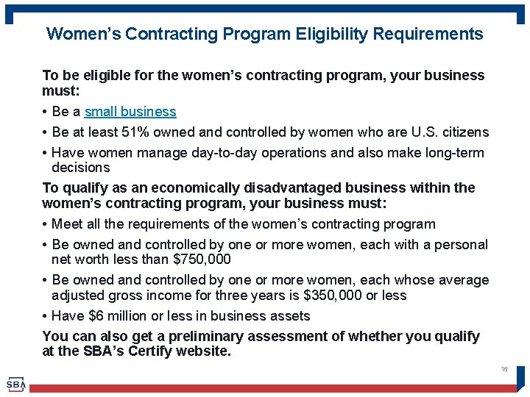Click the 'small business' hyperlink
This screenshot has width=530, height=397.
coord(130,112)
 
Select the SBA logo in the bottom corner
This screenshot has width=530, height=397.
coord(15,384)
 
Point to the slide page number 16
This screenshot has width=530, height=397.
coord(504,369)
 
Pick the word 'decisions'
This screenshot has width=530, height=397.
coord(81,168)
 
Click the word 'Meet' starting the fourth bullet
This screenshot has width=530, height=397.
coord(68,224)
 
